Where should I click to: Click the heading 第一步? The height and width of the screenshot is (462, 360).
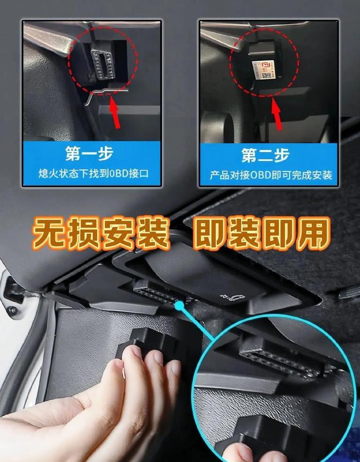90,153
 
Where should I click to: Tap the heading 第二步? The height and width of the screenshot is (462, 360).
265,155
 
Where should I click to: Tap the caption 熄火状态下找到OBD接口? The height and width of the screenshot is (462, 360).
93,174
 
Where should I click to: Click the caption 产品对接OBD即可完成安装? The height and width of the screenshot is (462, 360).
271,175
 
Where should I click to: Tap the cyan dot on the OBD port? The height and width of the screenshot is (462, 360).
179,306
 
